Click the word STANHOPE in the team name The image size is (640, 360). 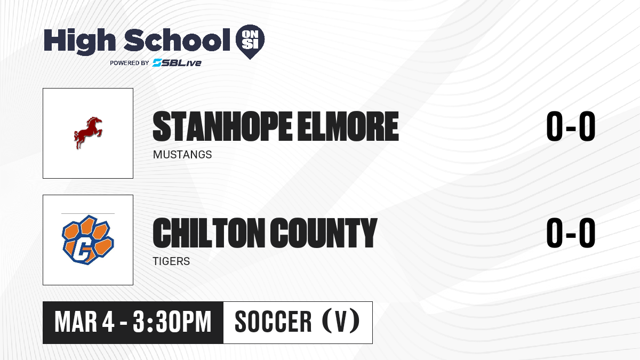click(x=222, y=126)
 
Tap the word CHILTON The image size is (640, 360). click(x=209, y=233)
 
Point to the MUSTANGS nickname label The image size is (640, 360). click(x=182, y=155)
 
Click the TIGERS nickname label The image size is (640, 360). click(x=171, y=261)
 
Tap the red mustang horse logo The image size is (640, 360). click(x=88, y=133)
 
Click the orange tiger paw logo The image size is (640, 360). click(x=88, y=239)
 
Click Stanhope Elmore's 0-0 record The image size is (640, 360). click(x=571, y=126)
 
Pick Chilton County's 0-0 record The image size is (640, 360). click(x=571, y=233)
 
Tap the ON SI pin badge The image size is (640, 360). click(x=250, y=42)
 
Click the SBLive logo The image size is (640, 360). click(x=177, y=62)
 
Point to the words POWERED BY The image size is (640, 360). click(x=129, y=63)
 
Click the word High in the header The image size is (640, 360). click(x=79, y=42)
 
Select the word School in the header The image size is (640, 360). click(x=177, y=40)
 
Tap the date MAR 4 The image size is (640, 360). click(x=85, y=322)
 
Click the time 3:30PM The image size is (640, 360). click(x=172, y=322)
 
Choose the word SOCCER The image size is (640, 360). click(x=273, y=322)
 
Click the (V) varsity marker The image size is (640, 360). click(x=341, y=321)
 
